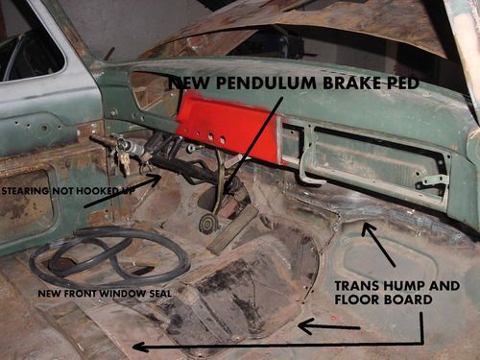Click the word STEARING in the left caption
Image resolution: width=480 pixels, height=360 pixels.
pyautogui.click(x=25, y=191)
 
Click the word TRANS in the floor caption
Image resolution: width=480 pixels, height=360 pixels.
pyautogui.click(x=357, y=286)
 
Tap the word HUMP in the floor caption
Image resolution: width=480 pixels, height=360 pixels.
pyautogui.click(x=404, y=286)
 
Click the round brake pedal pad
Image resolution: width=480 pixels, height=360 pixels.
pyautogui.click(x=207, y=224)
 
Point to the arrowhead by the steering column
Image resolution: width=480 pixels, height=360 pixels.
pyautogui.click(x=156, y=180)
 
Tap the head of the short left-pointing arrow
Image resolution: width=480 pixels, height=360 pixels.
pyautogui.click(x=304, y=325)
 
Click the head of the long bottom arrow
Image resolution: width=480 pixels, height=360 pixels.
pyautogui.click(x=139, y=347)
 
